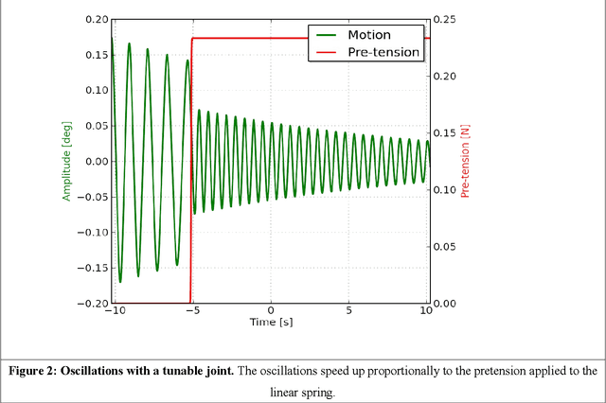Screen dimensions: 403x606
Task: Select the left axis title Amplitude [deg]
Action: (67, 161)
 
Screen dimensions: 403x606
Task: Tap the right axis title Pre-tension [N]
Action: (465, 161)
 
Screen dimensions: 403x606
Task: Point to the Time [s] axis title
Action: (270, 322)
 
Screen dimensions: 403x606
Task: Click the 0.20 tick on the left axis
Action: (95, 19)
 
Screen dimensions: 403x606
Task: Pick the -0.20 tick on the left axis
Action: (93, 304)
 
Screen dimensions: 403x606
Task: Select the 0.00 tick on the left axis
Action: (95, 161)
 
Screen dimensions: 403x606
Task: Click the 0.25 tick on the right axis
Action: (445, 19)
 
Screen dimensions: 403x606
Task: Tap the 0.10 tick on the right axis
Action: (445, 189)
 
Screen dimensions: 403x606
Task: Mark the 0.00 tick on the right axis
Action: (445, 304)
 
